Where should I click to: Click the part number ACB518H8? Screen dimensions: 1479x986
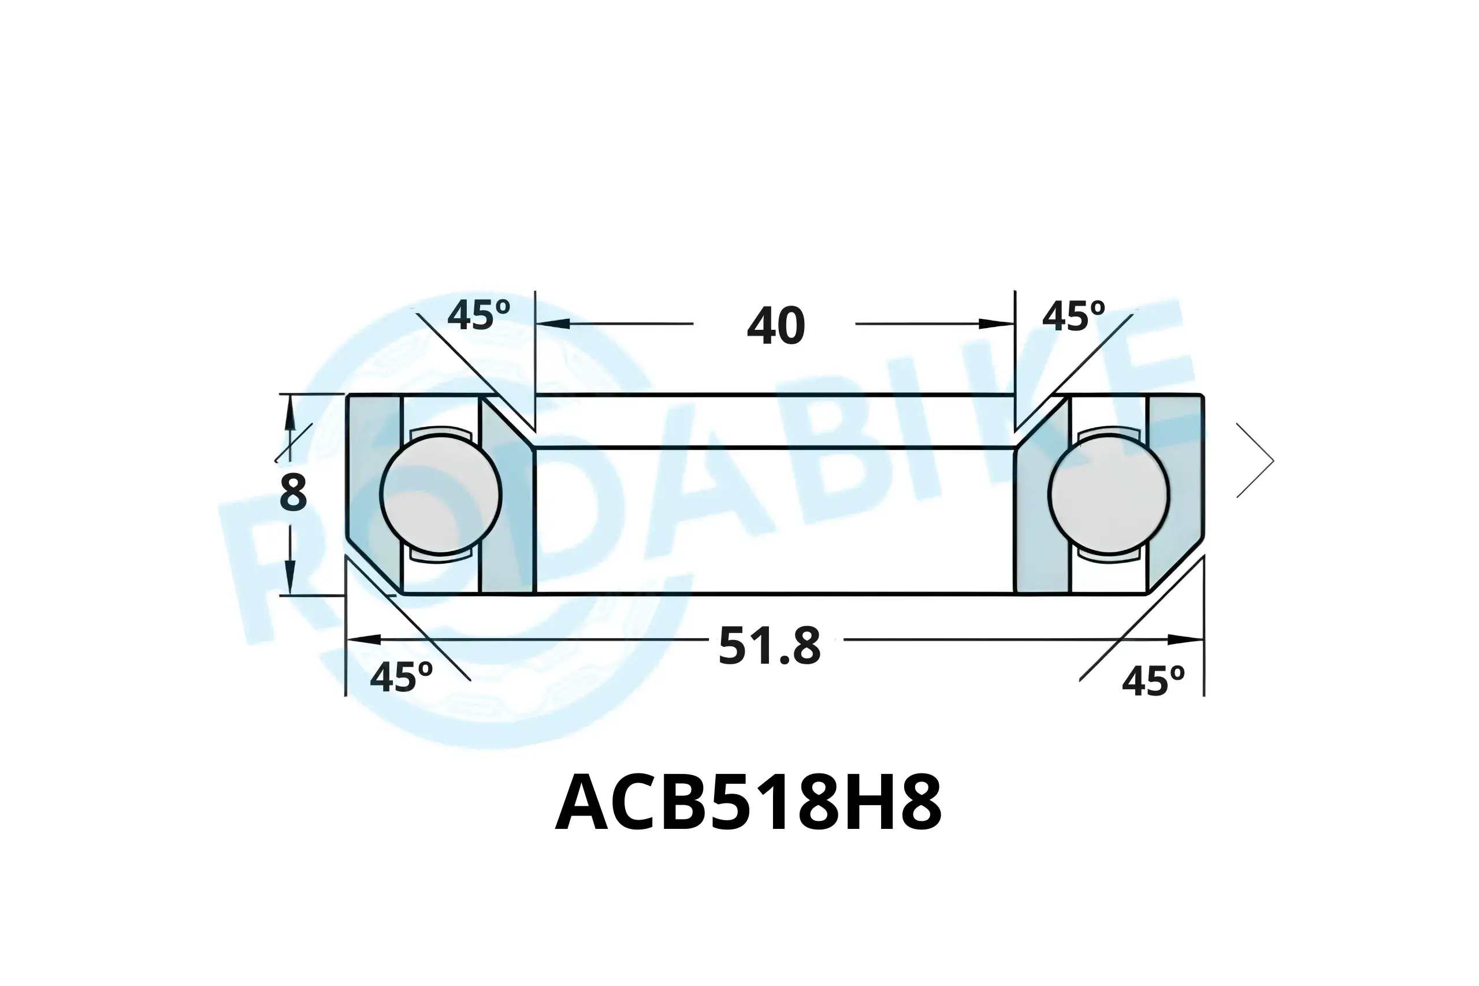[748, 803]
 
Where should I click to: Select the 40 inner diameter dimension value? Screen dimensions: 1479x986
[776, 326]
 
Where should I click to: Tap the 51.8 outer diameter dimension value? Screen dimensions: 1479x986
[770, 646]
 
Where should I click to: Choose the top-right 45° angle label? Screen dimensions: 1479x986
[1073, 317]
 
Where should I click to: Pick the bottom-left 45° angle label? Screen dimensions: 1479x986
[401, 677]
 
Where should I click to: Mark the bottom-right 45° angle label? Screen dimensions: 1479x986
[1153, 682]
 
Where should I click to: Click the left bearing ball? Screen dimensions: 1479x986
[440, 494]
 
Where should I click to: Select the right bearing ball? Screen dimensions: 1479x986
[1109, 494]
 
